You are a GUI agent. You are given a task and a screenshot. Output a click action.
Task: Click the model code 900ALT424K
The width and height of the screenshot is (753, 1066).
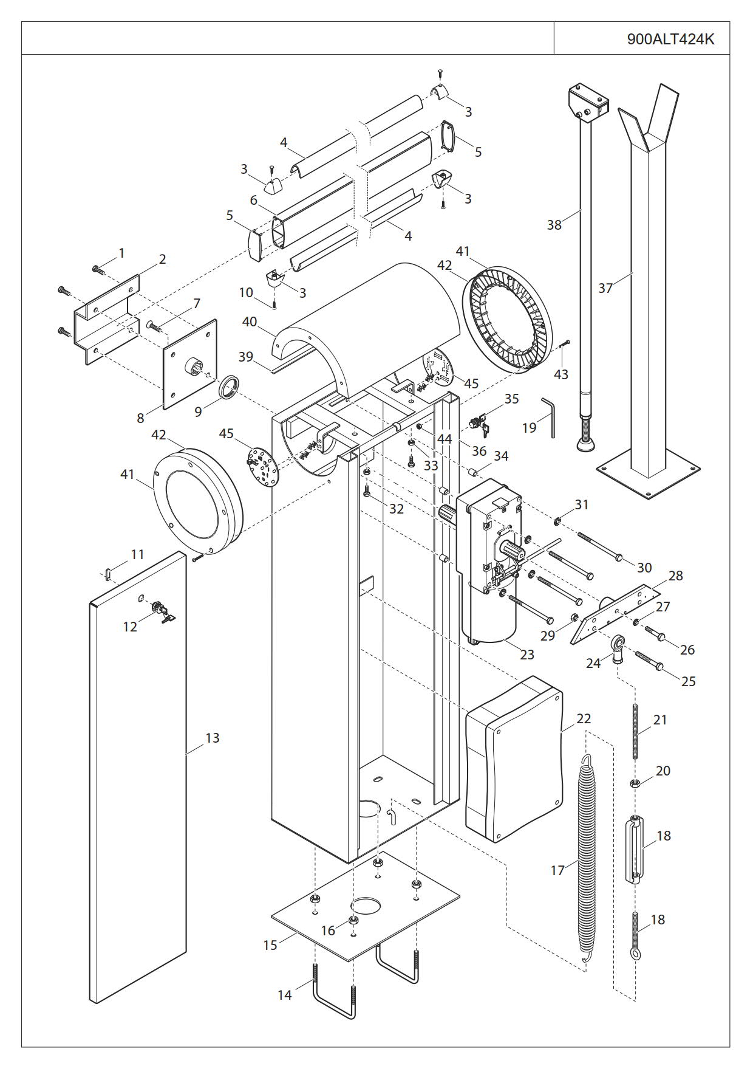[x=670, y=39]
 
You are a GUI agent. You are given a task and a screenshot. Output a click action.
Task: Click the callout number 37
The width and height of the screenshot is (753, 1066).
[x=605, y=288]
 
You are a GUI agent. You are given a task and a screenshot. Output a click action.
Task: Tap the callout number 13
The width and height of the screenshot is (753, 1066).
[x=212, y=738]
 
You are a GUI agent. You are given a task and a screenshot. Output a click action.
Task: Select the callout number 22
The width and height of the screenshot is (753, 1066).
[x=583, y=719]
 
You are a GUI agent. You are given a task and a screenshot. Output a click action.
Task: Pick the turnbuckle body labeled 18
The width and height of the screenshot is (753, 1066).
[x=634, y=851]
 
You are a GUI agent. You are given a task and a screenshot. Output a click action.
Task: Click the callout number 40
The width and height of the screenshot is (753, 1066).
[x=250, y=322]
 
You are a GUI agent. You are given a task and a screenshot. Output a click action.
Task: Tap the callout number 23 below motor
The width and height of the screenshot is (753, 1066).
[x=526, y=655]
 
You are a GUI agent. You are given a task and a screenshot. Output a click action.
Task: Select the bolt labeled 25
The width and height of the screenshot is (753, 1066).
[x=649, y=662]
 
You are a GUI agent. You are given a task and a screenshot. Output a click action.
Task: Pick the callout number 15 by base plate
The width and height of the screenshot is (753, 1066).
[x=270, y=945]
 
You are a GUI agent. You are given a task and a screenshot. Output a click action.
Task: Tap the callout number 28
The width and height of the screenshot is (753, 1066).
[x=675, y=576]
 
